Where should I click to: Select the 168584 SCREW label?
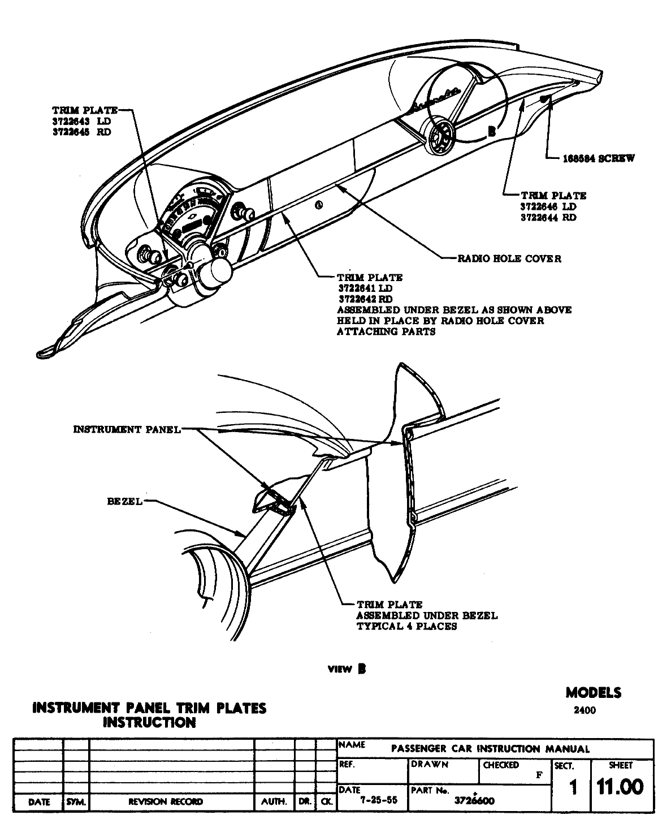click(598, 158)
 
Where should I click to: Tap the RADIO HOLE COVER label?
click(509, 259)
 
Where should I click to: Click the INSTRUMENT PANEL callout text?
click(127, 429)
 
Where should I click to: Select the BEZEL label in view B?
click(125, 502)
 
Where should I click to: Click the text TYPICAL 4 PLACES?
click(406, 626)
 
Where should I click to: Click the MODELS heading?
click(593, 692)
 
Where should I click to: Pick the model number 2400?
click(584, 711)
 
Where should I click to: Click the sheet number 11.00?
click(620, 787)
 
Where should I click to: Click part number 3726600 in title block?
click(474, 801)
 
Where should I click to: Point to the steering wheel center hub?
click(440, 139)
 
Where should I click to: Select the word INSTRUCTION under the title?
click(149, 722)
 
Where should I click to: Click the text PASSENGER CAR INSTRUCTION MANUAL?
click(490, 749)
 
